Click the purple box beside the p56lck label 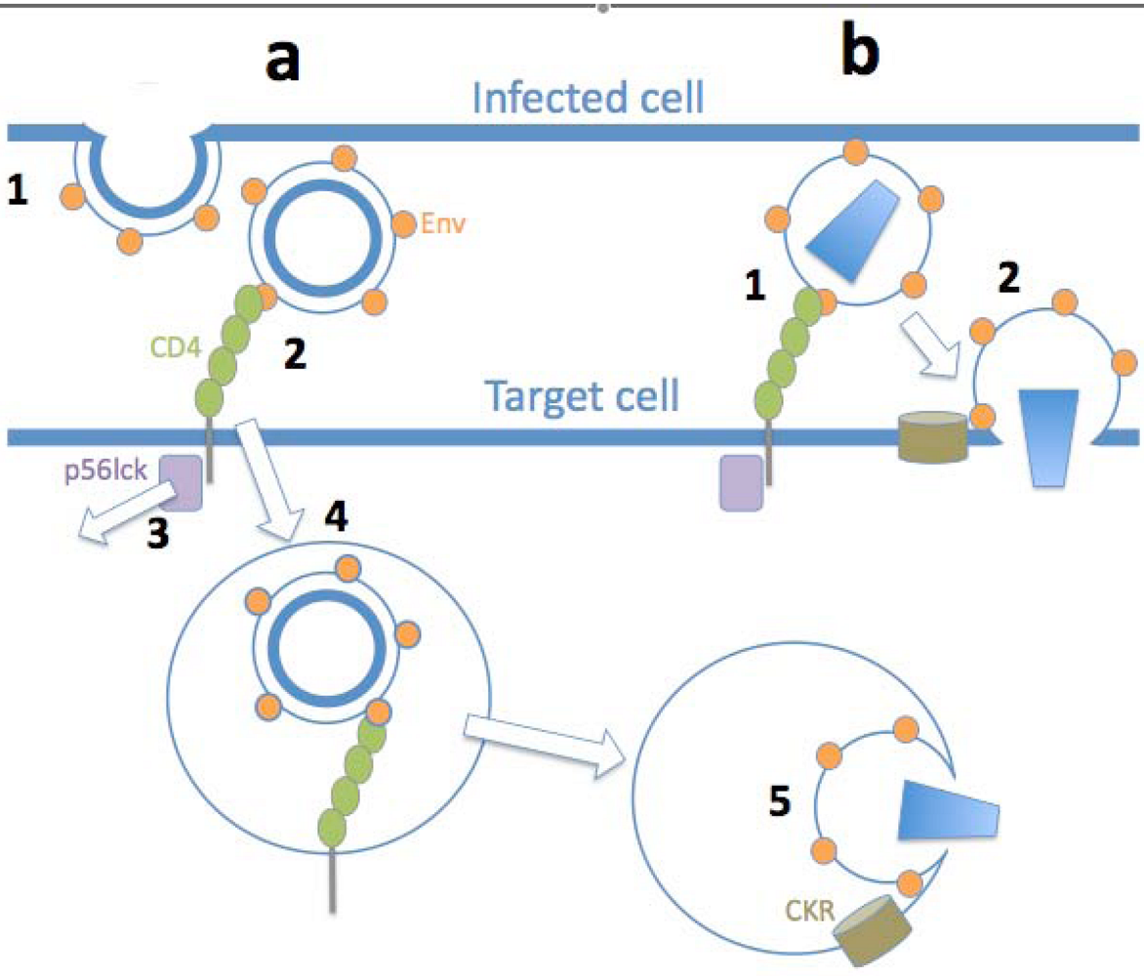click(x=181, y=482)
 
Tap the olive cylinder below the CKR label click(x=871, y=930)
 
